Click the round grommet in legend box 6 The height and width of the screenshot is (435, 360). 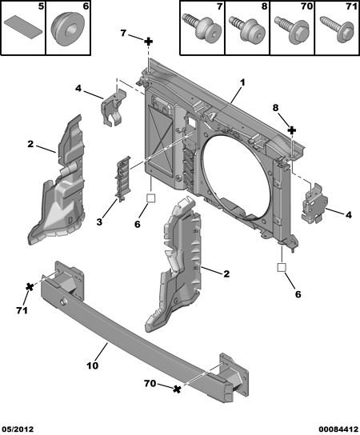point(68,30)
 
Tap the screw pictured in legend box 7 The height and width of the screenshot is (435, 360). point(202,27)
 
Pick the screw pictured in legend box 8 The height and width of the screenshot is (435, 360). point(246,28)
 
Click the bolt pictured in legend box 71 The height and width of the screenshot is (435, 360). point(338,30)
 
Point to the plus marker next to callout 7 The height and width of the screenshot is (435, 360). point(149,42)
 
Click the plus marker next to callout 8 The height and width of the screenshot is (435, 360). point(292,130)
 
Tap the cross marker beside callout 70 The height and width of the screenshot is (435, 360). point(177,389)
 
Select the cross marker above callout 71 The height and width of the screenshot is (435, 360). point(30,287)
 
